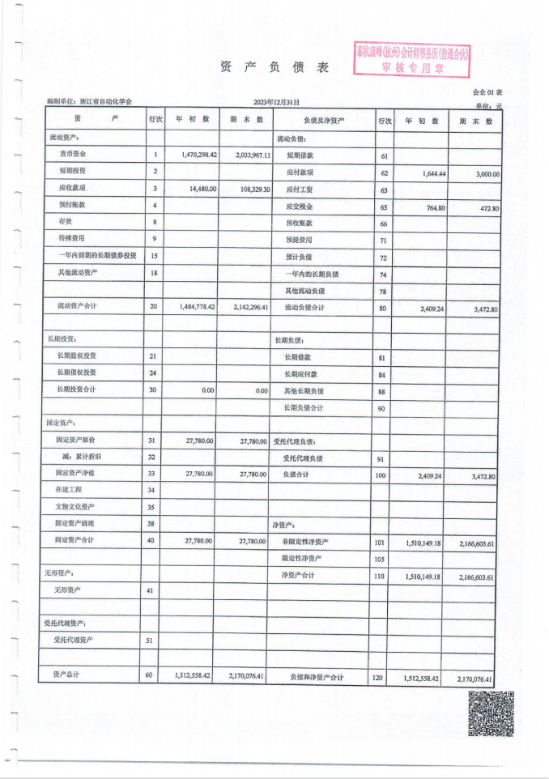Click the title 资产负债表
274,69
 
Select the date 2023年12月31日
276,103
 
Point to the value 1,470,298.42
191,154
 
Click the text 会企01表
487,92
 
